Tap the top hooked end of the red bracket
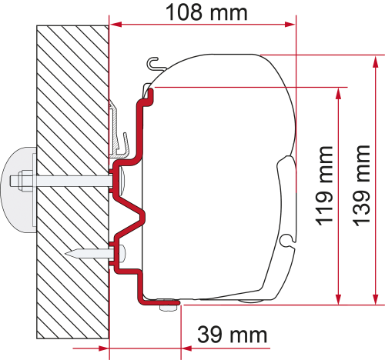(x=151, y=92)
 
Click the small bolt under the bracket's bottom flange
(x=163, y=307)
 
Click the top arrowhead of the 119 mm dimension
(x=337, y=93)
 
